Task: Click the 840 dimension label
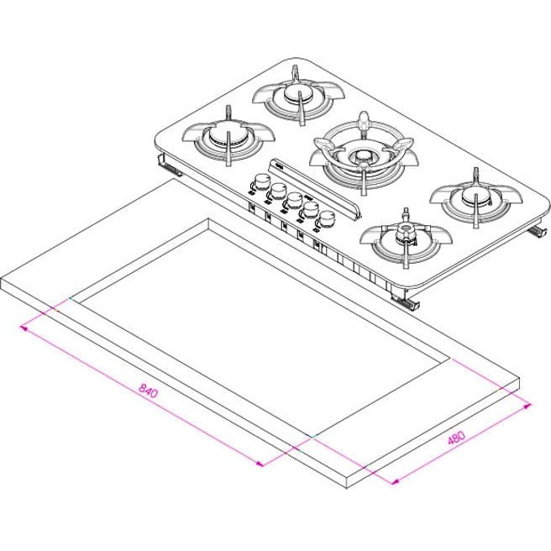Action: point(149,391)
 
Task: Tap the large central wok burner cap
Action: point(361,155)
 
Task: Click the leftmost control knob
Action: point(260,181)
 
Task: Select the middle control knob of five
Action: point(293,201)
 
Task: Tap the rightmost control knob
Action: point(328,218)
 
